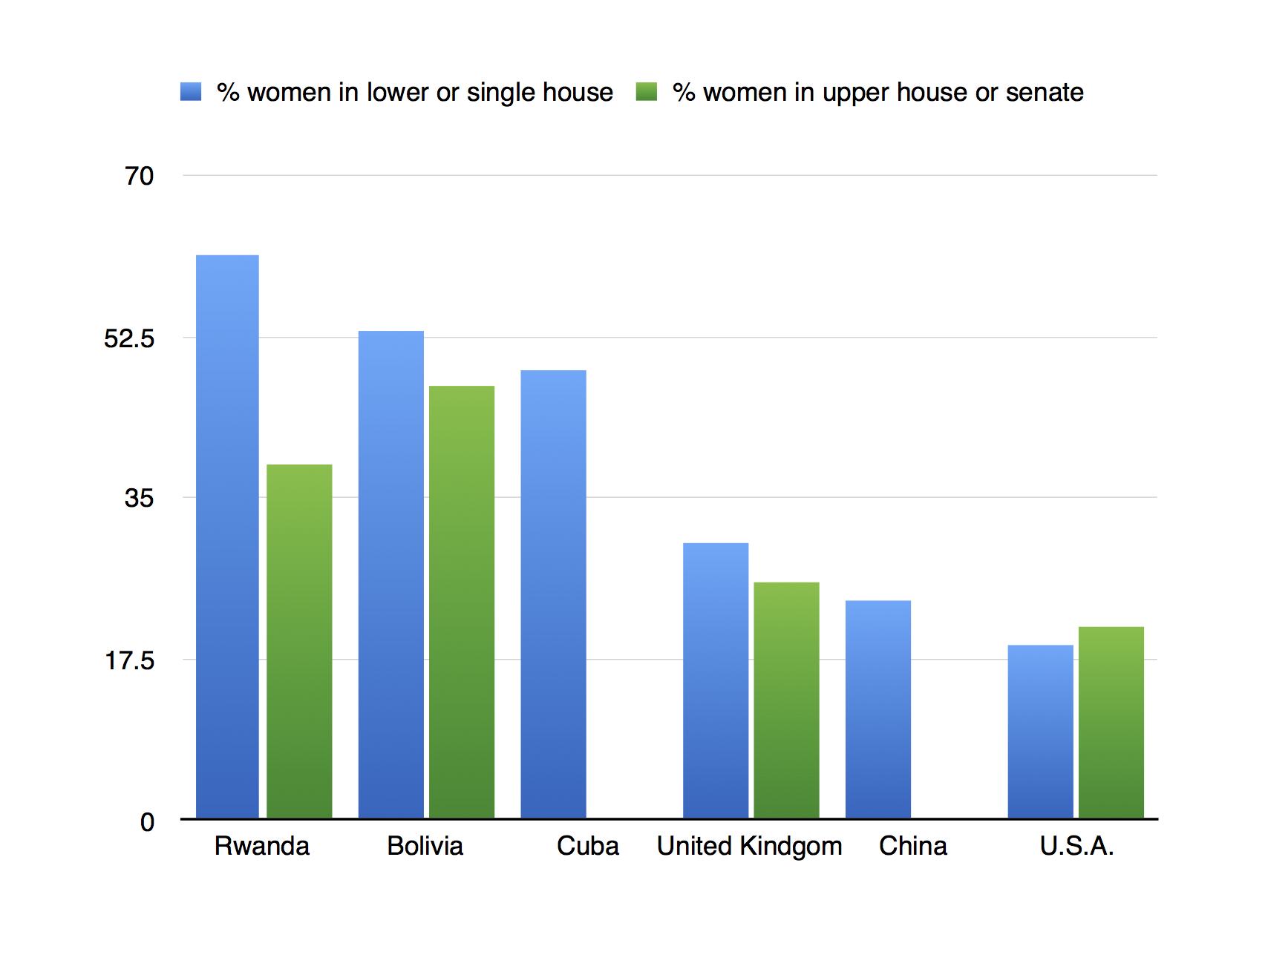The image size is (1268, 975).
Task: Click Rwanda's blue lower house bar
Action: point(227,536)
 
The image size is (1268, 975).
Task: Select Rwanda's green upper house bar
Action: point(299,641)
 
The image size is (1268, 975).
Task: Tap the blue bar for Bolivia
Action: point(390,574)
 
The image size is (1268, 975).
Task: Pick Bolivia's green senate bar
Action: point(462,602)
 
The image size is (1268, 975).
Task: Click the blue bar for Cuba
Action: point(553,594)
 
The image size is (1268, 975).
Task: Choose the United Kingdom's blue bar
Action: point(716,680)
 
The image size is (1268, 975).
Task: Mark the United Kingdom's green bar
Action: point(786,700)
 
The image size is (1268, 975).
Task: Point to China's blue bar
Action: point(878,709)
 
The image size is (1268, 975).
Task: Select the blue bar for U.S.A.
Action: point(1040,732)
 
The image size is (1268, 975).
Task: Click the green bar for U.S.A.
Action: point(1111,722)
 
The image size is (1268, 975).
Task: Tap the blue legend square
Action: point(191,91)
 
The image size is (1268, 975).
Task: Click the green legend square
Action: point(647,91)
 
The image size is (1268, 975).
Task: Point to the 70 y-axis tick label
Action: point(139,176)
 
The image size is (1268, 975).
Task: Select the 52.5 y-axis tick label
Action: point(129,338)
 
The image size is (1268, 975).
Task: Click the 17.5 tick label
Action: point(129,660)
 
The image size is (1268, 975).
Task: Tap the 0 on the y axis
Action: point(147,822)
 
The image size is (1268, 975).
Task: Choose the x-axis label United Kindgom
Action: point(749,846)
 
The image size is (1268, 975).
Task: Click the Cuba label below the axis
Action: point(587,846)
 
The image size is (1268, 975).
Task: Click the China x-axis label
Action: point(912,846)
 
